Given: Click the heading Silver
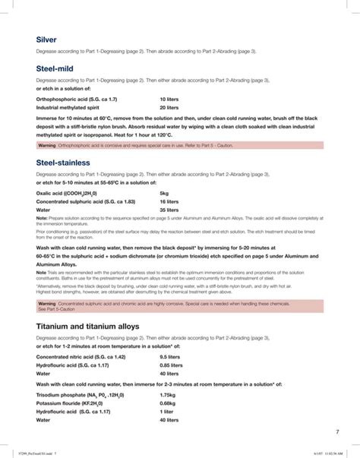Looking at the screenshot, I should coord(46,39).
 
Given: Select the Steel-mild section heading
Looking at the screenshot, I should coord(55,68).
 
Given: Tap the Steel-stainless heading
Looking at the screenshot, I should coord(62,163).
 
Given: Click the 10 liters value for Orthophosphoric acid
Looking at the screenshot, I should coord(169,99).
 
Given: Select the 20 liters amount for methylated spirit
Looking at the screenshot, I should coord(169,108).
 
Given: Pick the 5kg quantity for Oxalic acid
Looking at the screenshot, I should coord(164,193).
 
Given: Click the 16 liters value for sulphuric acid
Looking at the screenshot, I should coord(169,201).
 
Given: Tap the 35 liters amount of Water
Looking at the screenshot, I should coord(169,210).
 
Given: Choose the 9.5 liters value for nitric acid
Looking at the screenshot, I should coord(171,335).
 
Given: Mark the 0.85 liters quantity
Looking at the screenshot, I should coord(172,343).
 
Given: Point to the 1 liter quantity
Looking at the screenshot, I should coord(167,411).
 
